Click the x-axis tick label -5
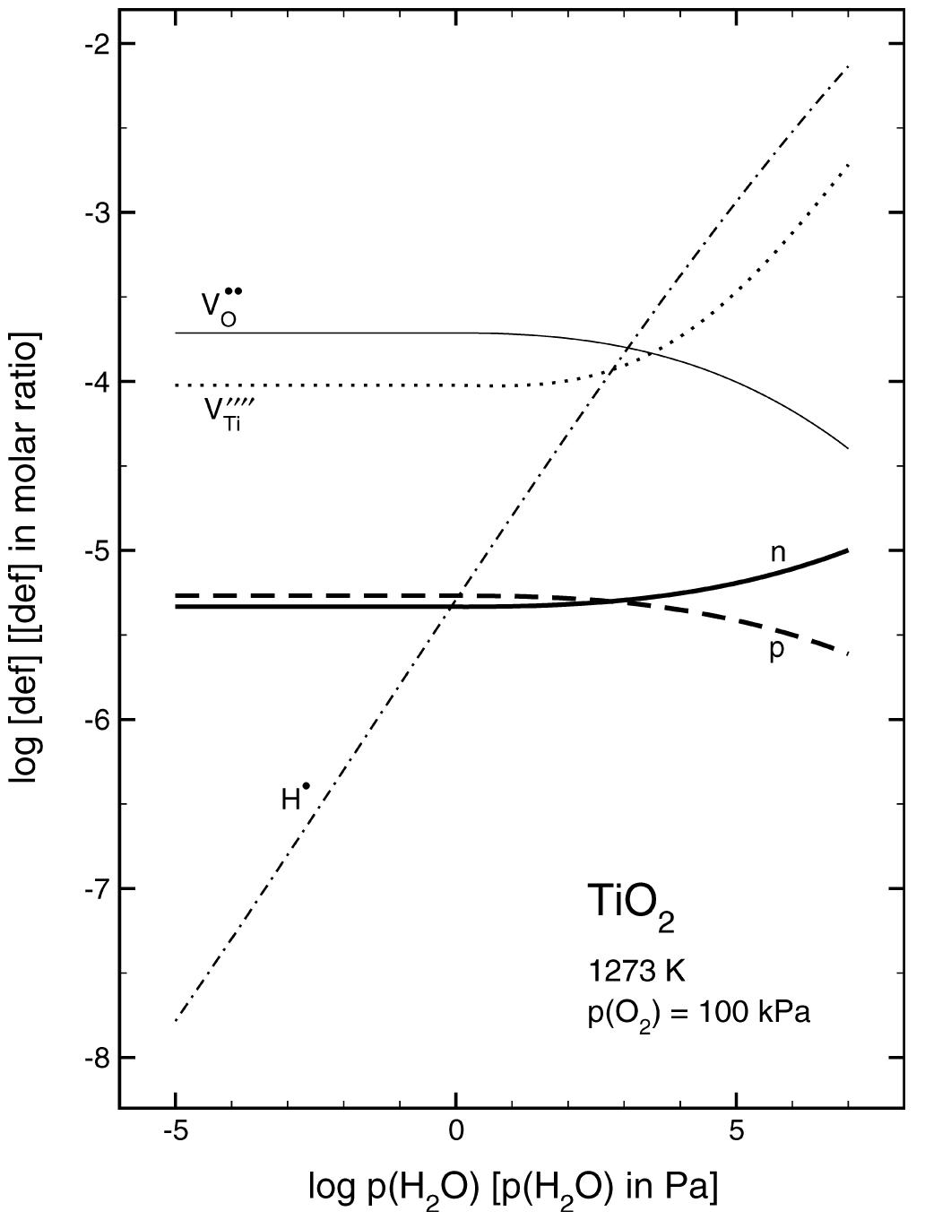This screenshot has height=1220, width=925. coord(176,1133)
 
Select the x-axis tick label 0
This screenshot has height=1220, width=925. coord(456,1133)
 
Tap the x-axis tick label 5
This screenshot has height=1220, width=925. coord(737,1133)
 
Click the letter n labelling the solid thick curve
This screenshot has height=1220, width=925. coord(778,553)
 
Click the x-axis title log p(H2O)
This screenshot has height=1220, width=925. coord(513,1189)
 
